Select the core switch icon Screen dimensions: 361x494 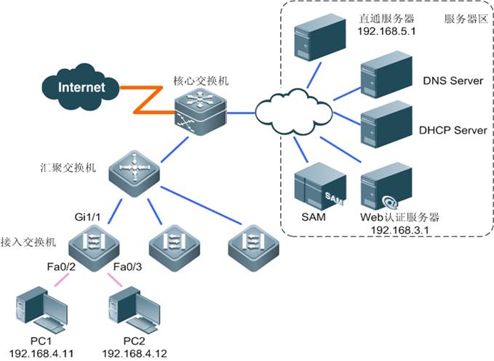pyautogui.click(x=201, y=114)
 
